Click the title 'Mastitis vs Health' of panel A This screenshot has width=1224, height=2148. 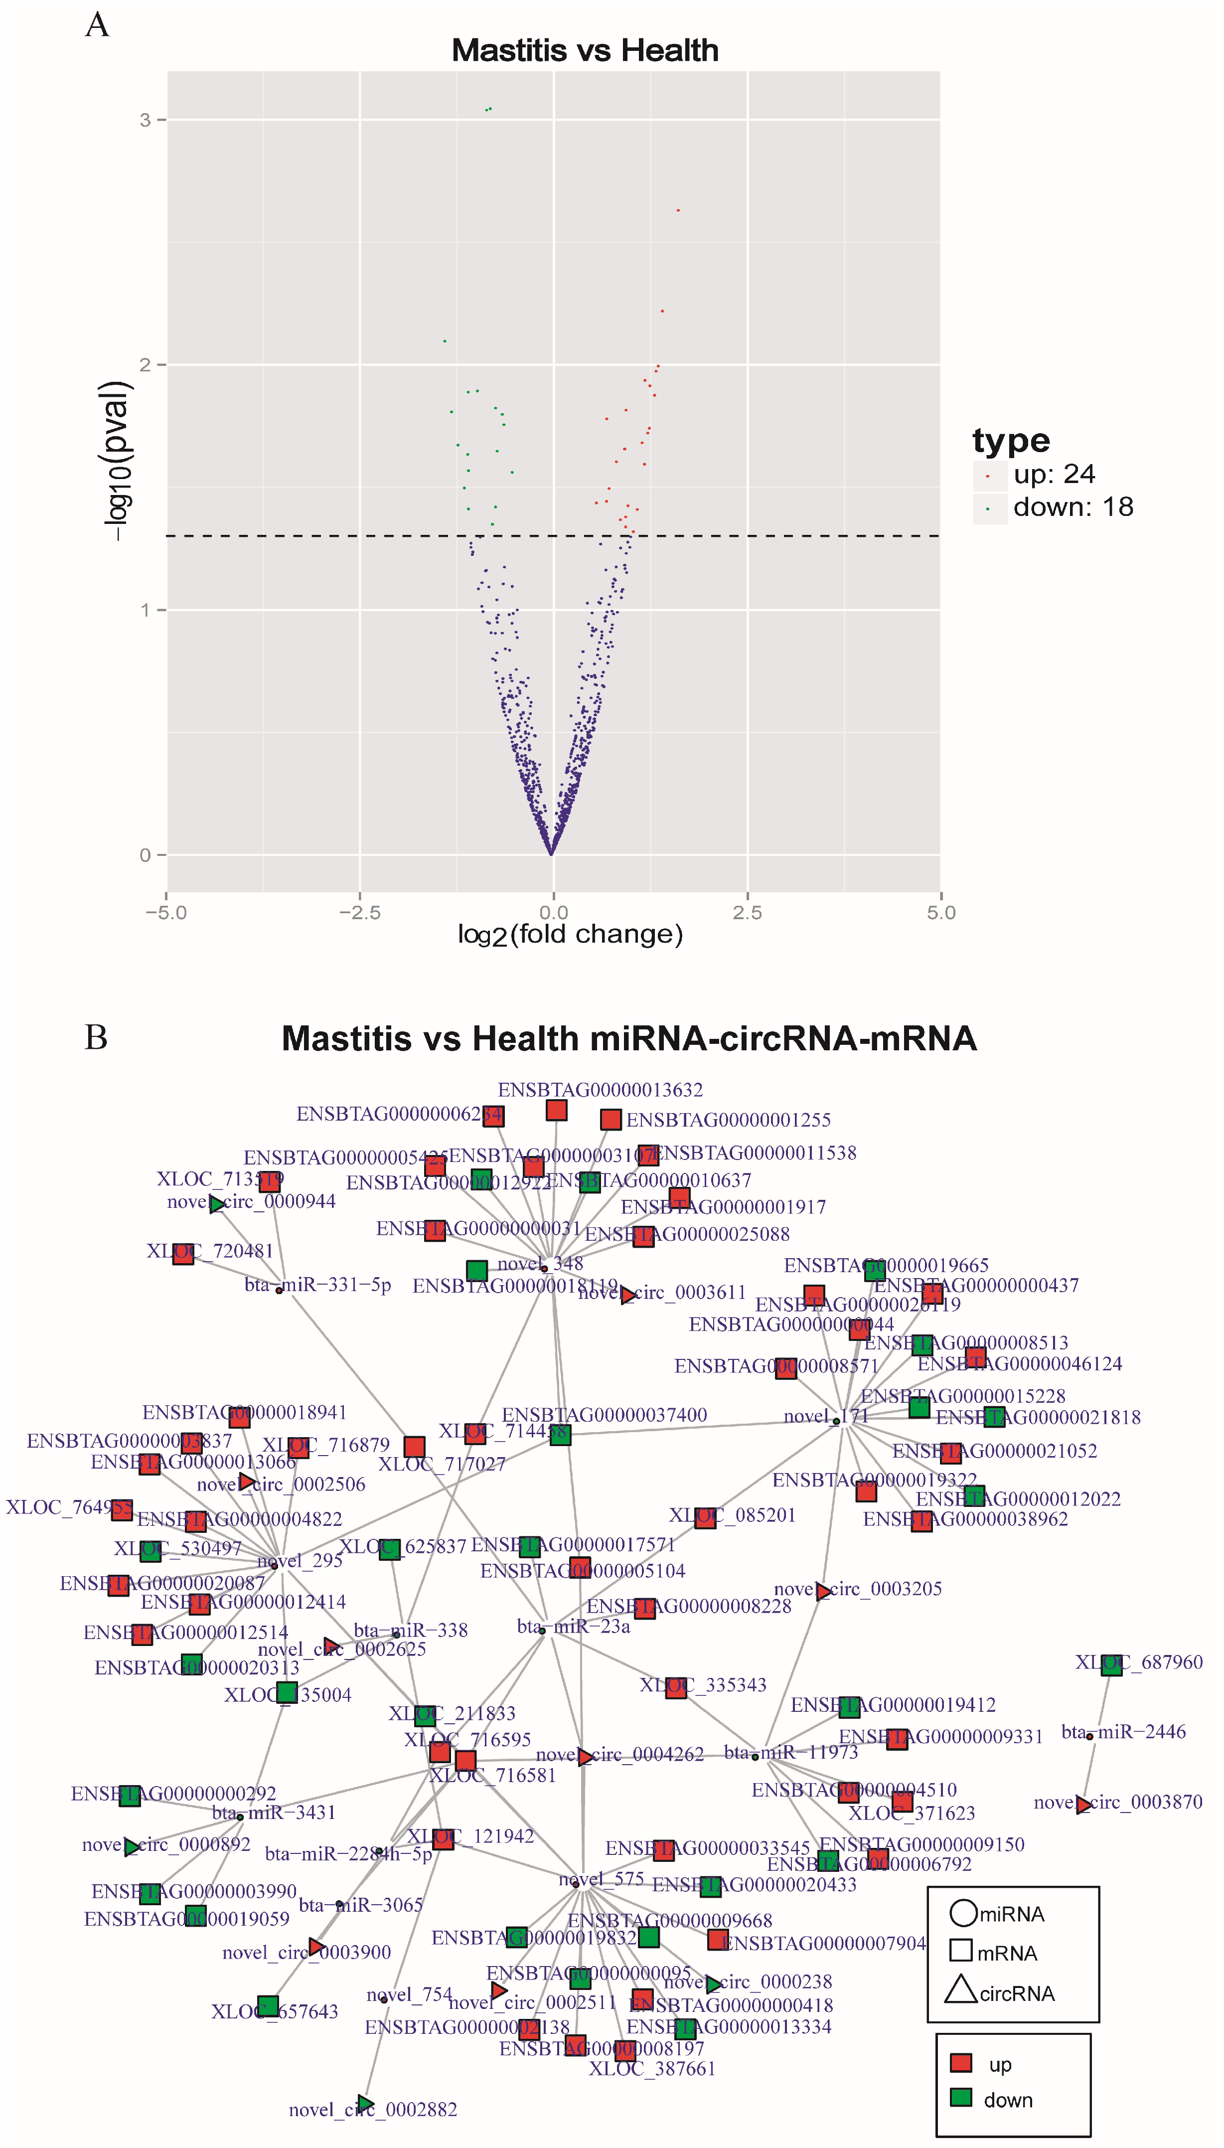[585, 50]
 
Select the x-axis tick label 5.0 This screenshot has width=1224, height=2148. [941, 912]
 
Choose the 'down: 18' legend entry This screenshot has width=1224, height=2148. [1072, 507]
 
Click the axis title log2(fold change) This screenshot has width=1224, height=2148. [570, 935]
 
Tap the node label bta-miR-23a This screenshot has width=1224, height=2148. [573, 1626]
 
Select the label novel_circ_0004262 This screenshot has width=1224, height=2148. [619, 1755]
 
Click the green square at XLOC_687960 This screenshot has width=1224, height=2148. [1111, 1664]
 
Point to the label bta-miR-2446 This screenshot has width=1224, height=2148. [1123, 1732]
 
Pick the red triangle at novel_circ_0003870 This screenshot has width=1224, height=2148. [1083, 1804]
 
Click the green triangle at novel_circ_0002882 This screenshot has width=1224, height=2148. [365, 2104]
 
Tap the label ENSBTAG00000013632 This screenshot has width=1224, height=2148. [600, 1090]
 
